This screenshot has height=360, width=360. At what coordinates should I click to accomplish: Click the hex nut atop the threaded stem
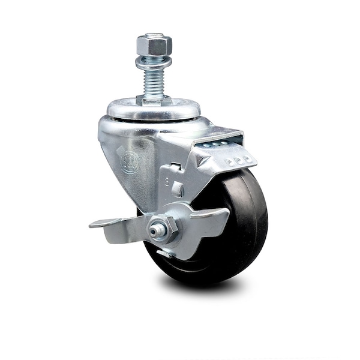[154, 44]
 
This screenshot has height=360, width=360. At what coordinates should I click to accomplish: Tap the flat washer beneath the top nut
[154, 61]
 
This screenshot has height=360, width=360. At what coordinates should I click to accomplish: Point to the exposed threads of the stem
[154, 82]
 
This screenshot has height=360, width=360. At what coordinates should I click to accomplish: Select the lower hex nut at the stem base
[152, 98]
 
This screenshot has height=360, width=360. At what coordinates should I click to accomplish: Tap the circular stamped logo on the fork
[130, 161]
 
